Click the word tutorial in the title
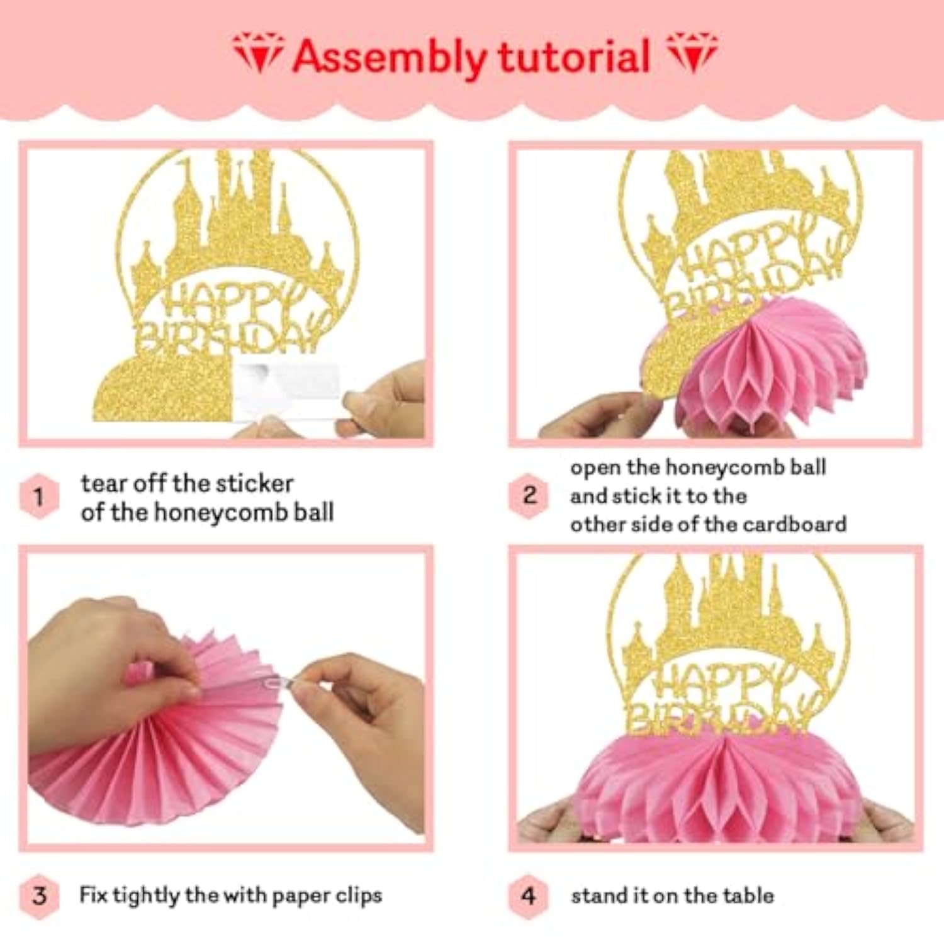[x=573, y=57]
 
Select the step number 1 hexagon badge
[x=39, y=497]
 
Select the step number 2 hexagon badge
[x=529, y=495]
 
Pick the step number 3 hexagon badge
[x=39, y=895]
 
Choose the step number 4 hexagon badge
[x=529, y=895]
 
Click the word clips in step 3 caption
[x=359, y=895]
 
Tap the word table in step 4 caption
[x=748, y=895]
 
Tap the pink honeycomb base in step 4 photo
[x=717, y=787]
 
